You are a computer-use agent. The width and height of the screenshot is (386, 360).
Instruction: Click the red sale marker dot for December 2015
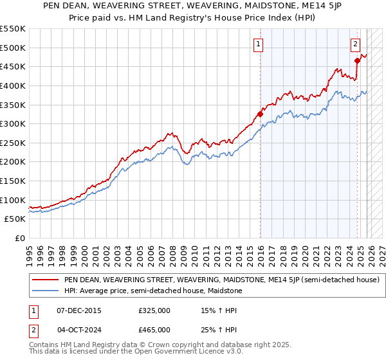pyautogui.click(x=261, y=114)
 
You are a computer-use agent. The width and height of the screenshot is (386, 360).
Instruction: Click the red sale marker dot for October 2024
pyautogui.click(x=358, y=61)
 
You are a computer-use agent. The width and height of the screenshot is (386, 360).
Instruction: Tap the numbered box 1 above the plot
pyautogui.click(x=258, y=44)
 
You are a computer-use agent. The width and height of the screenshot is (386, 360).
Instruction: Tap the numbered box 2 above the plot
pyautogui.click(x=355, y=44)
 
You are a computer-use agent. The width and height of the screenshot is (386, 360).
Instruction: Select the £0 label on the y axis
pyautogui.click(x=19, y=238)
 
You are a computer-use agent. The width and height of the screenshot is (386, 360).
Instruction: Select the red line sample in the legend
pyautogui.click(x=45, y=280)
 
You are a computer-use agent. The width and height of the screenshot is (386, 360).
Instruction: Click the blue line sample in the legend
pyautogui.click(x=45, y=291)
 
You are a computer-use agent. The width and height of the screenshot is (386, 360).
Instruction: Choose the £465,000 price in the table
pyautogui.click(x=154, y=329)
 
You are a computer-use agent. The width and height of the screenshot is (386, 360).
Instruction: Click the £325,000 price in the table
pyautogui.click(x=154, y=310)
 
